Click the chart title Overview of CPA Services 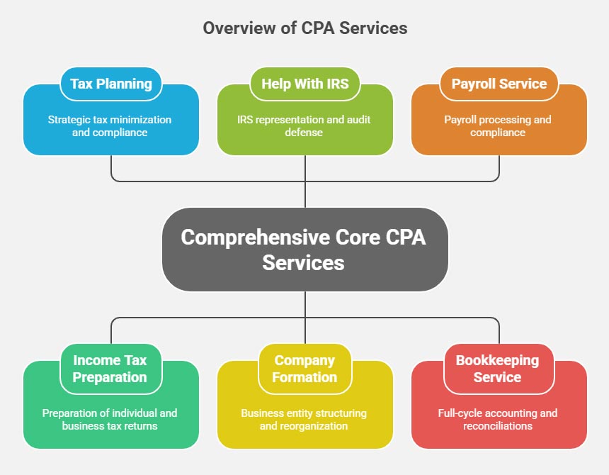pos(304,28)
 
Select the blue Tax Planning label pos(111,84)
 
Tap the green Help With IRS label pos(305,84)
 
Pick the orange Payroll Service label pos(499,84)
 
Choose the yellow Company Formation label pos(304,369)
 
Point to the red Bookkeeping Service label pos(498,369)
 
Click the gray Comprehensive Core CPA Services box pos(304,250)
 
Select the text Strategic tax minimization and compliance pos(110,126)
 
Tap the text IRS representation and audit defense pos(304,126)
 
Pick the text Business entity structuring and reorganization pos(304,419)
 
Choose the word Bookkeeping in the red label pos(498,360)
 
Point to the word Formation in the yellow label pos(304,377)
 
